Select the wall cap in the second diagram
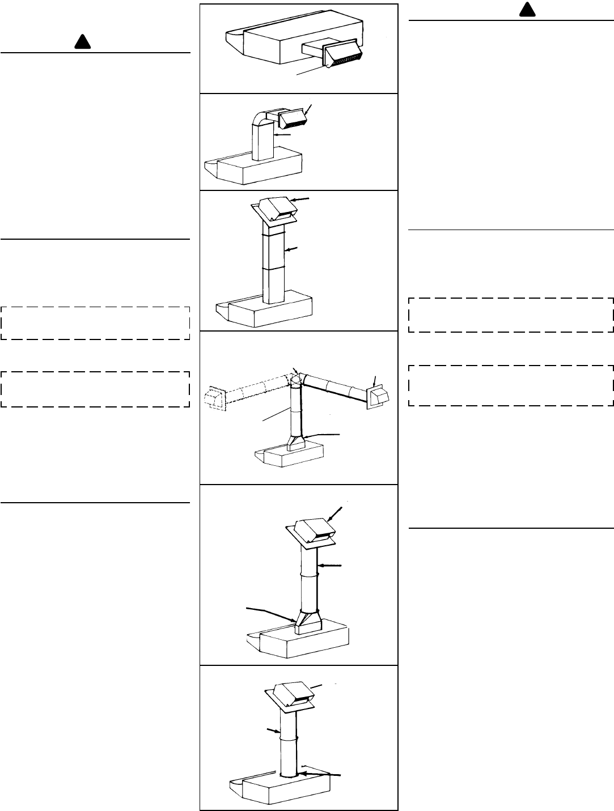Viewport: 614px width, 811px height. coord(292,118)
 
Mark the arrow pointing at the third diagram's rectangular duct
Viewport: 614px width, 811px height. coord(293,249)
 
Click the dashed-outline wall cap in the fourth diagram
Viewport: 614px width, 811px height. coord(215,397)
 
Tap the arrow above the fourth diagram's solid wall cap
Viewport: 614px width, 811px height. coord(374,380)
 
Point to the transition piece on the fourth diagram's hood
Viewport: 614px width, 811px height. coord(296,441)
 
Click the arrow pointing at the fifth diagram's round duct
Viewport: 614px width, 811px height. coord(331,565)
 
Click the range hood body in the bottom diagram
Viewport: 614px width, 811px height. coord(283,788)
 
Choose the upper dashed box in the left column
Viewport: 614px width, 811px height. coord(95,323)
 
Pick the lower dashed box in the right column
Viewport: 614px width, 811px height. coord(511,385)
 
